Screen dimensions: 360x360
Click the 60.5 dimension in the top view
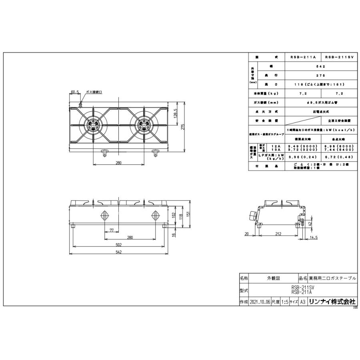(x=74, y=92)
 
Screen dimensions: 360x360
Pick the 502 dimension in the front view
(x=118, y=245)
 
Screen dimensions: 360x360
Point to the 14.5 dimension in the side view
(x=313, y=238)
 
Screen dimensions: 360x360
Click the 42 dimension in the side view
(x=310, y=224)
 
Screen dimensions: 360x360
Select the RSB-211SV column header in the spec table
(x=339, y=58)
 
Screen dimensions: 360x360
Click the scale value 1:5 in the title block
(x=286, y=302)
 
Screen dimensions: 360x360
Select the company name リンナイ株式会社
(x=332, y=302)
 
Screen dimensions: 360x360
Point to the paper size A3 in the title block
(x=303, y=302)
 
